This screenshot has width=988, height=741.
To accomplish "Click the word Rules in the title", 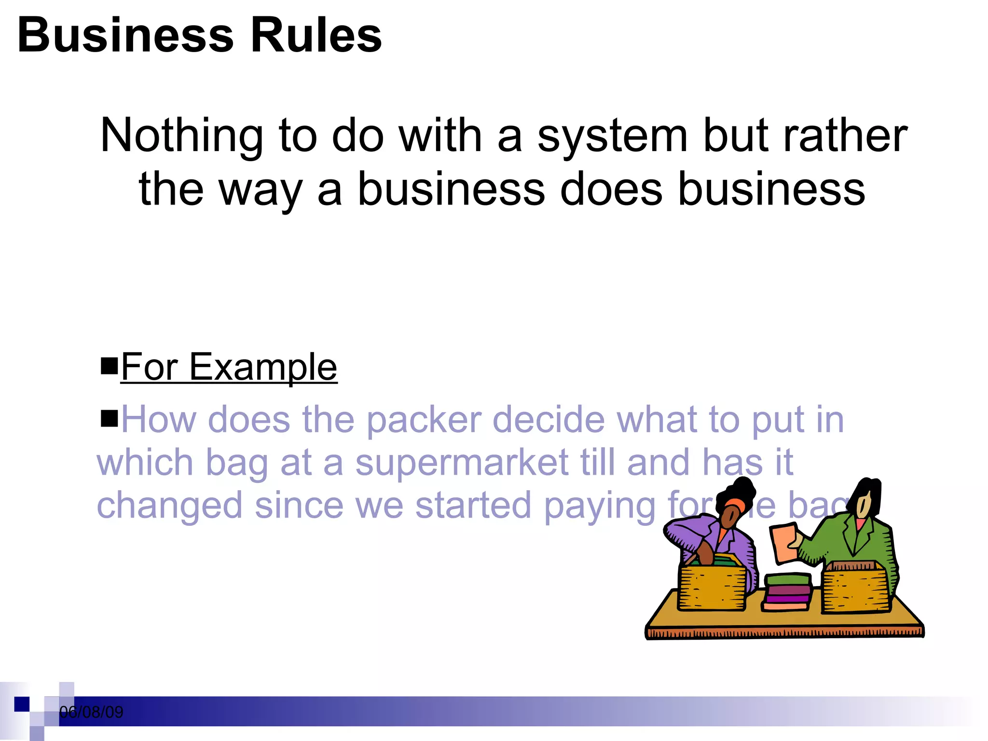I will point(316,36).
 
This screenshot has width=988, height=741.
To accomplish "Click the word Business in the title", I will point(125,36).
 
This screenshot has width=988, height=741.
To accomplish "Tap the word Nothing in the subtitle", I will point(181,137).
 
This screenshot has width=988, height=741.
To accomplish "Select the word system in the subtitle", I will point(612,137).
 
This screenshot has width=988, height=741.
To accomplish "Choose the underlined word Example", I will point(263,368).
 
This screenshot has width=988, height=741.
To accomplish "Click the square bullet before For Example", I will point(109,366).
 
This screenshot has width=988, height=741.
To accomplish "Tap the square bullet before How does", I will point(109,418).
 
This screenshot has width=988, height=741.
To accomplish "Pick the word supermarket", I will point(462,463).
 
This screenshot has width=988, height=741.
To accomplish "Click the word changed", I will point(169,506).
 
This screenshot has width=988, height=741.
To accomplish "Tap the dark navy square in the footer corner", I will point(22,704).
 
